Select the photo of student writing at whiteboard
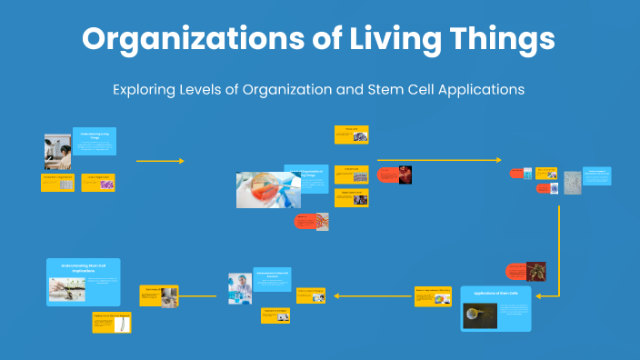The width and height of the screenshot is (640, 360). click(57, 152)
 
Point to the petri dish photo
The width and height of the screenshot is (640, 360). click(268, 189)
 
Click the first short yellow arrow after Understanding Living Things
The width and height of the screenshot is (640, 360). click(160, 161)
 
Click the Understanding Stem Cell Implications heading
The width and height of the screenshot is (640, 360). click(83, 268)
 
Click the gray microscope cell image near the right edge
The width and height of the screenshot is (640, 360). click(572, 182)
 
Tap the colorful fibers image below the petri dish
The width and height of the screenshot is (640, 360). click(322, 221)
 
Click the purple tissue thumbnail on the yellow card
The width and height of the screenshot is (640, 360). click(107, 184)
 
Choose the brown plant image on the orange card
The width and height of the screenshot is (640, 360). click(536, 271)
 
